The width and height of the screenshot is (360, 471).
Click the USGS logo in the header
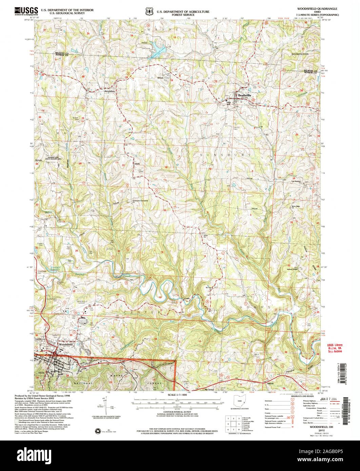pyautogui.click(x=26, y=11)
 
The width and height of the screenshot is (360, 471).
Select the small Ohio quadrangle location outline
pyautogui.click(x=240, y=402)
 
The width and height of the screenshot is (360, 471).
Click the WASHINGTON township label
pyautogui.click(x=300, y=54)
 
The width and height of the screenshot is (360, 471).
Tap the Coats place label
pyautogui.click(x=186, y=298)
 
